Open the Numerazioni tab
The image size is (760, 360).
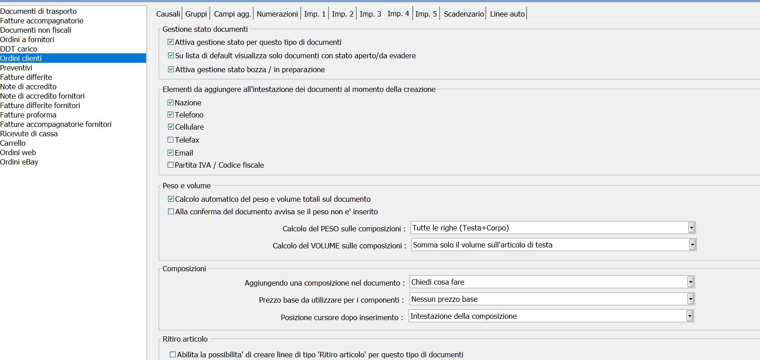(277, 14)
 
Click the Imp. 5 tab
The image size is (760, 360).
(426, 14)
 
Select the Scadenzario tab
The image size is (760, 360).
(463, 14)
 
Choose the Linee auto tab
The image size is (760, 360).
(507, 14)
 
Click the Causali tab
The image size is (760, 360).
(168, 14)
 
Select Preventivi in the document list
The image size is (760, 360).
(16, 68)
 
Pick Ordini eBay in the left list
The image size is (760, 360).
(19, 162)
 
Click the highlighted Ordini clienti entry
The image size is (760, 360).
(21, 58)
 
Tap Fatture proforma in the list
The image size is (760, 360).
(28, 115)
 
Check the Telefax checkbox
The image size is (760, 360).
(171, 140)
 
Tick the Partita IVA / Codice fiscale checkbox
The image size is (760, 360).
(171, 165)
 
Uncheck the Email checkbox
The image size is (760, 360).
(171, 153)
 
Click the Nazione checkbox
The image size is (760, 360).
(171, 103)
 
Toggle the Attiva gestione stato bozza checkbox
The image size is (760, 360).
(171, 69)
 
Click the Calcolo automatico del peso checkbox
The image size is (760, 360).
(171, 199)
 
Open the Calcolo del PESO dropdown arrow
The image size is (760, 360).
(691, 228)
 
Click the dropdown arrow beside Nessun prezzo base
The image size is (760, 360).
(691, 299)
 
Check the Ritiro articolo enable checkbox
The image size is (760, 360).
(173, 355)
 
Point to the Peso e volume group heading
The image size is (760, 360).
(186, 186)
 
